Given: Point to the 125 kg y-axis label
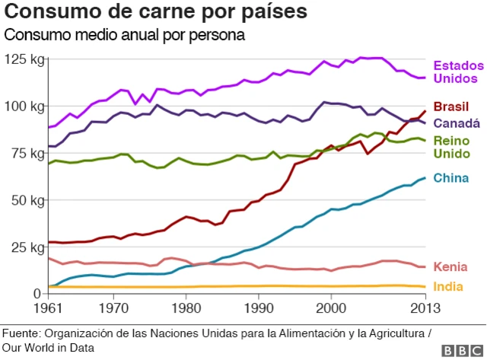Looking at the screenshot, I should point(24,59).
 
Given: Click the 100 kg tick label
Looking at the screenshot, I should point(24,107).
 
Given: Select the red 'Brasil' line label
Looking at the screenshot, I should point(451,107).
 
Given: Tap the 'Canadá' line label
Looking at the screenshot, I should point(457,123).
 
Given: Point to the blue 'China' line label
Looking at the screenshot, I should point(450,179).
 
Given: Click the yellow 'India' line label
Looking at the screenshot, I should point(448,287).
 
